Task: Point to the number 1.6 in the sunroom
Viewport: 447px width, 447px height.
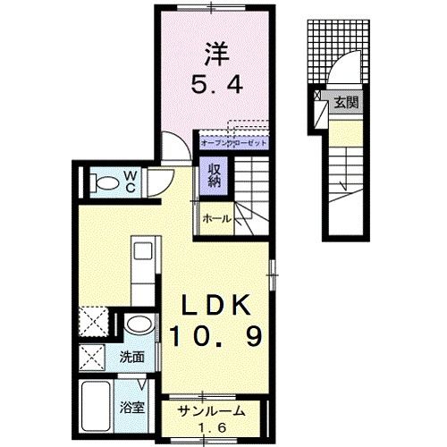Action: (x=213, y=426)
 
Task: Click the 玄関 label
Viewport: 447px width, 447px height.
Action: (x=347, y=103)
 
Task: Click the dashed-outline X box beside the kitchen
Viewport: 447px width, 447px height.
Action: (x=93, y=320)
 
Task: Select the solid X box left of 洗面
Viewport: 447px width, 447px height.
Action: (x=93, y=358)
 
